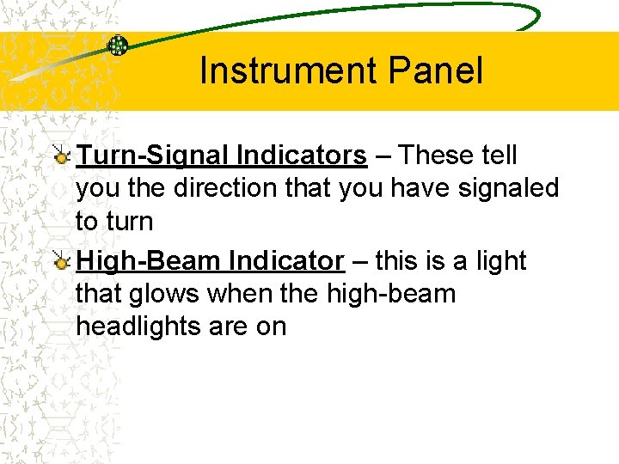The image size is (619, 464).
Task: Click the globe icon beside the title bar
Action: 117,46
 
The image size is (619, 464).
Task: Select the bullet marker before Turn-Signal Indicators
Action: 62,156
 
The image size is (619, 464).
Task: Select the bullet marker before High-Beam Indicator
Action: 62,261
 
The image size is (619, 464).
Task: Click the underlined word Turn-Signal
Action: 151,156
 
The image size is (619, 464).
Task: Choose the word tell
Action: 499,156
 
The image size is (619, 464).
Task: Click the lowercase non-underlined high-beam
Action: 391,294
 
